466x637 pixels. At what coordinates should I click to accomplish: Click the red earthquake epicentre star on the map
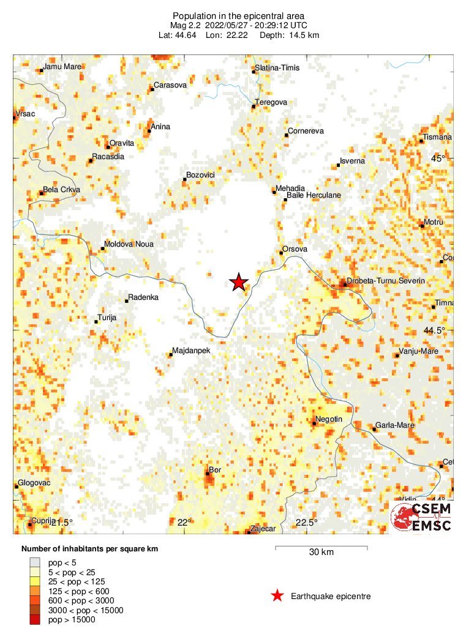(x=239, y=282)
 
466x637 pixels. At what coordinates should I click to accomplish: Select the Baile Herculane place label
(x=314, y=195)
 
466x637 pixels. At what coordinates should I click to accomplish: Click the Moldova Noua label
(x=129, y=244)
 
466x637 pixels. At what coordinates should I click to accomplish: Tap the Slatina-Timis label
(x=277, y=67)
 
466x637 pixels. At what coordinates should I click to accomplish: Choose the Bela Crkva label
(x=62, y=190)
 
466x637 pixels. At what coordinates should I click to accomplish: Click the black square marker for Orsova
(x=281, y=253)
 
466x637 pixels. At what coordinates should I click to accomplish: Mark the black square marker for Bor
(x=207, y=474)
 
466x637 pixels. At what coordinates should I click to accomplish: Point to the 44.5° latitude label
(x=436, y=330)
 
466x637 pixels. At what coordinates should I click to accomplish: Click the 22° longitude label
(x=184, y=522)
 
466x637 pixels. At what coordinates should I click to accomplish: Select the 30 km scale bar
(x=321, y=546)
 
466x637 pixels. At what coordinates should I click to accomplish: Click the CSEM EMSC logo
(x=422, y=518)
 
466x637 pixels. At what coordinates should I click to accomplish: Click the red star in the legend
(x=277, y=595)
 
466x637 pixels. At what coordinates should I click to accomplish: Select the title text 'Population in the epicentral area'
(x=238, y=15)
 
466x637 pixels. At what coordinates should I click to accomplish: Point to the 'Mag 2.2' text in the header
(x=186, y=25)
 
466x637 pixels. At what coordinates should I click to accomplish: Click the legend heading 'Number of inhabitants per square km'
(x=90, y=549)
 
